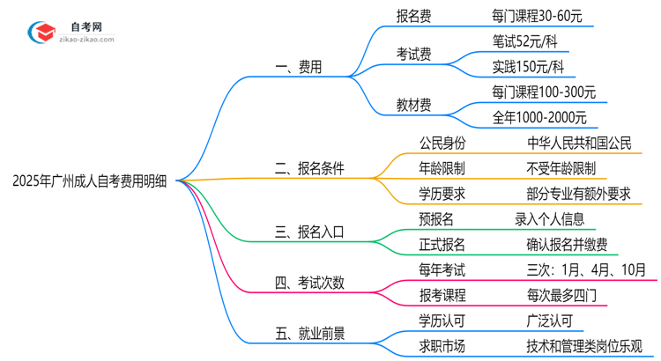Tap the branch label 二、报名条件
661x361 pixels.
click(309, 168)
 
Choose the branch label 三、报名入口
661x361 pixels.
click(309, 232)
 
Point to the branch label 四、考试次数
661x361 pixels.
click(309, 283)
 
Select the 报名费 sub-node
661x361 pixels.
click(413, 15)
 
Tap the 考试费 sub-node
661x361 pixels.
click(413, 54)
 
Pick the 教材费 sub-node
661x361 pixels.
click(413, 105)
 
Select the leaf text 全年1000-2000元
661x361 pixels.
click(539, 117)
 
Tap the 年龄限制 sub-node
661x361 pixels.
click(442, 168)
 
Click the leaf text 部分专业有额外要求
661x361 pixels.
click(579, 194)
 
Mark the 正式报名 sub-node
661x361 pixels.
click(442, 245)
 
